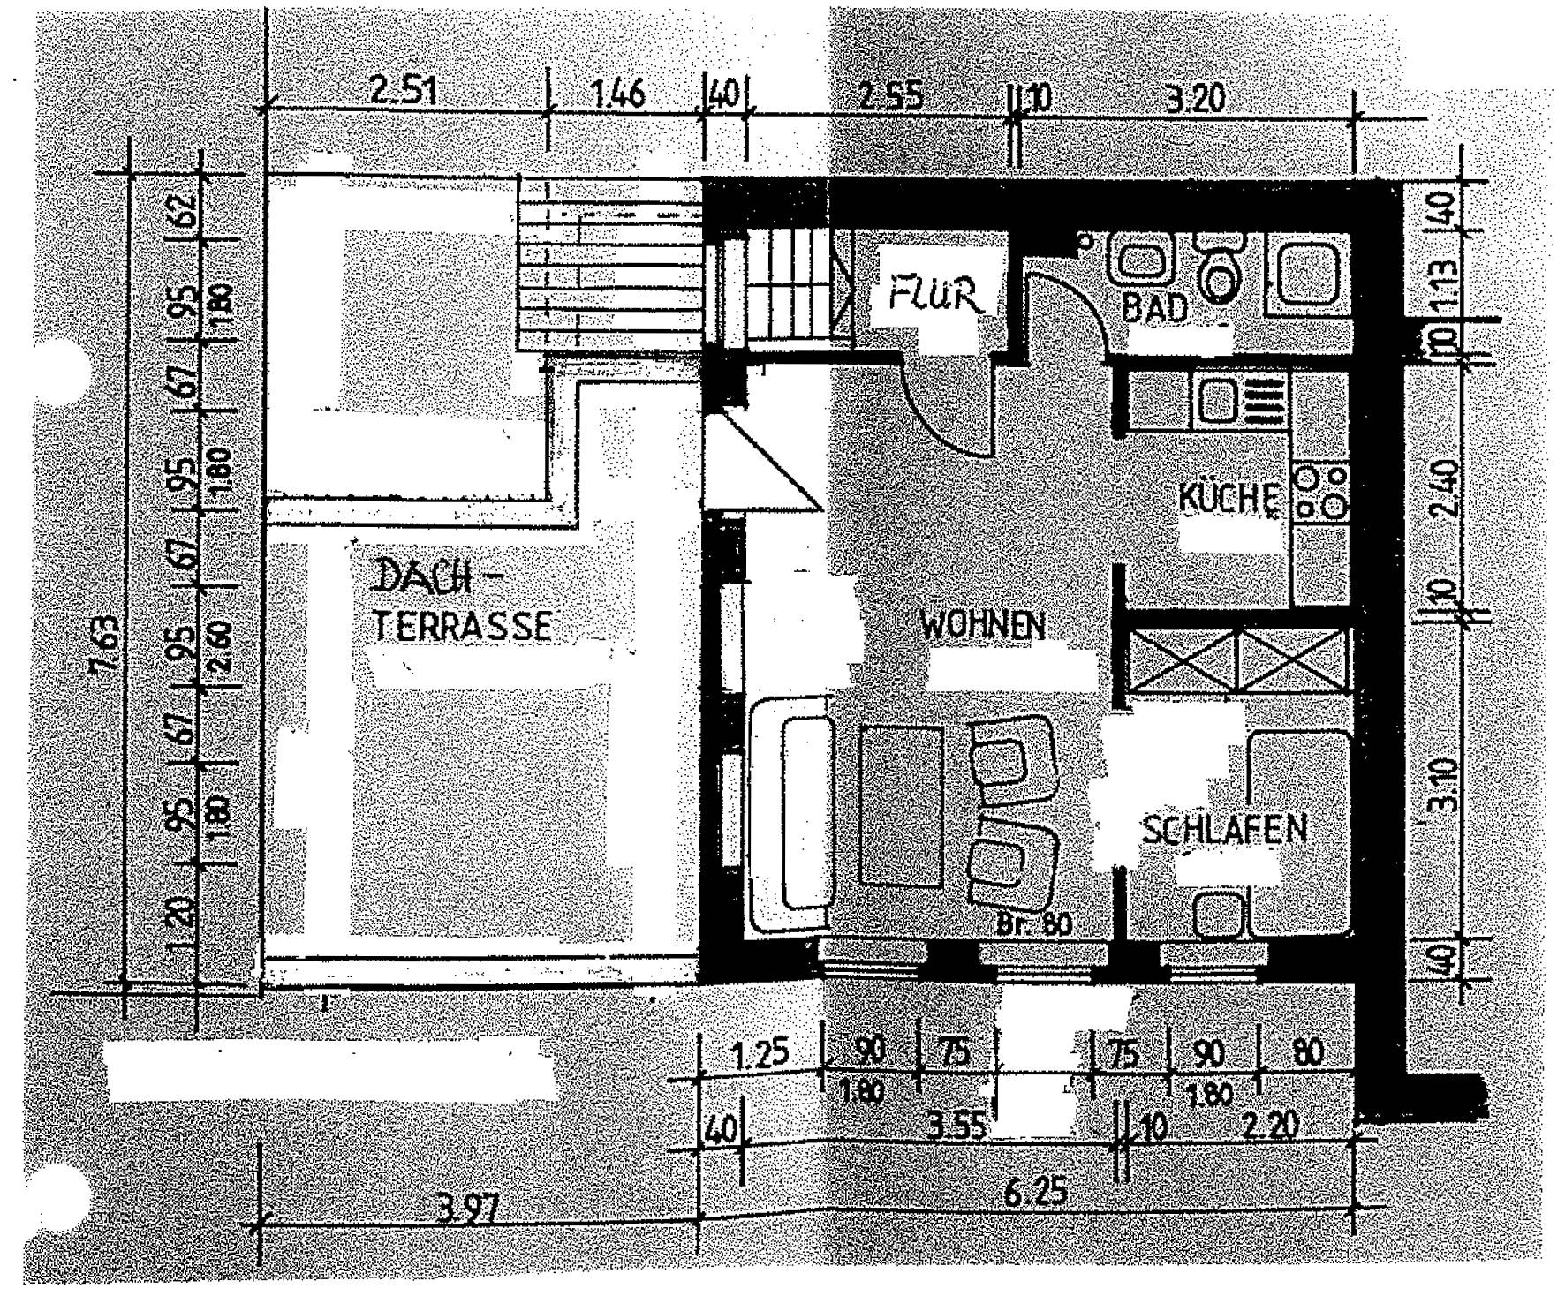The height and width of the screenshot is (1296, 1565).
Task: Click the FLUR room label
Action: click(x=935, y=297)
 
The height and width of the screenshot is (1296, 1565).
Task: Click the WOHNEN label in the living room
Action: click(x=982, y=626)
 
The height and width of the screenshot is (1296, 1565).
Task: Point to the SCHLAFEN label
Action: click(x=1223, y=831)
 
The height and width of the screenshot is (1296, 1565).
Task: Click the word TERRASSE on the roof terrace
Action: click(x=463, y=626)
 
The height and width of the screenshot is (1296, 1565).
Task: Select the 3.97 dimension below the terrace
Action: click(x=466, y=1211)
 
